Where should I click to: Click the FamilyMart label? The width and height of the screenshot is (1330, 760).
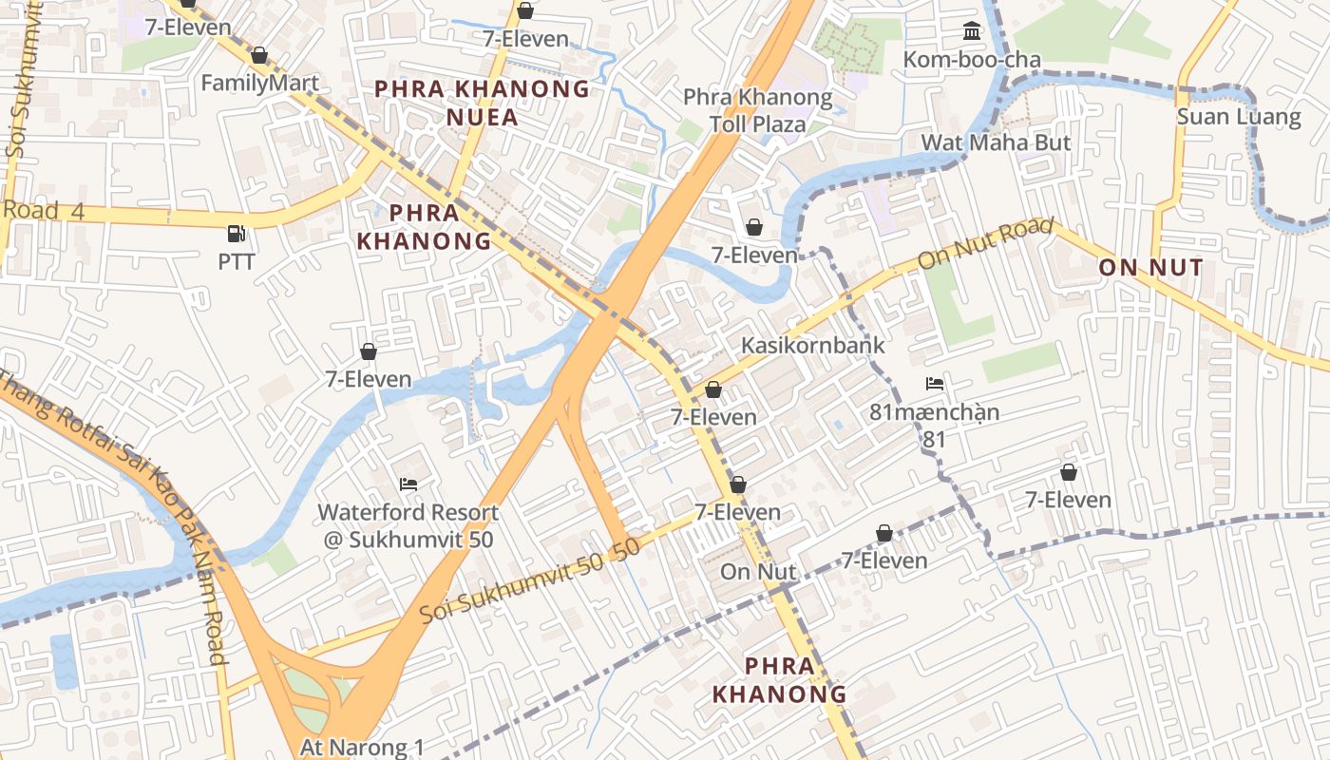pos(259,83)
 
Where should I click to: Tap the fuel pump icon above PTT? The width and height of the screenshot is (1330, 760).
pos(236,233)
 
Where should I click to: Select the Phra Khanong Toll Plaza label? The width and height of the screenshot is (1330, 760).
pos(757,110)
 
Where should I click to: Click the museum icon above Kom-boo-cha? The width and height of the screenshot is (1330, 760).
pos(971,31)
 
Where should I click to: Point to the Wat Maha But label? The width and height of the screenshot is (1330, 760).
pos(996,142)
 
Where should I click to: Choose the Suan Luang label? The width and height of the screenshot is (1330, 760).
pos(1238,117)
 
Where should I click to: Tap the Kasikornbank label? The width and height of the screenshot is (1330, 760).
pos(812,345)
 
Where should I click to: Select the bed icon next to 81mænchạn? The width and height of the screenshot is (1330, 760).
pos(935,384)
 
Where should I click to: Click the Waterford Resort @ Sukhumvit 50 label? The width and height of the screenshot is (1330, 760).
pos(408,525)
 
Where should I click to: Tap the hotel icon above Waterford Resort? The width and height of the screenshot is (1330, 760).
pos(408,484)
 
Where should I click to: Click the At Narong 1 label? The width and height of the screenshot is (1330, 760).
pos(362,747)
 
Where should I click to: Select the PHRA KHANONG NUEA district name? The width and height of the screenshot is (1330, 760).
pos(482,103)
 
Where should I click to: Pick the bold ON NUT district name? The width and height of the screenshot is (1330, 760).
pos(1150,268)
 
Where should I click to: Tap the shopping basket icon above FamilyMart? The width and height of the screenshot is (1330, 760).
pos(259,55)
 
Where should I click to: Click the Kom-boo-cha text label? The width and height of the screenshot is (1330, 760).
pos(971,60)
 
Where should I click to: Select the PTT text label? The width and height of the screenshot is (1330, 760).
pos(237,261)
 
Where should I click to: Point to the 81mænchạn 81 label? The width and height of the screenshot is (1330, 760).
pos(934,426)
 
